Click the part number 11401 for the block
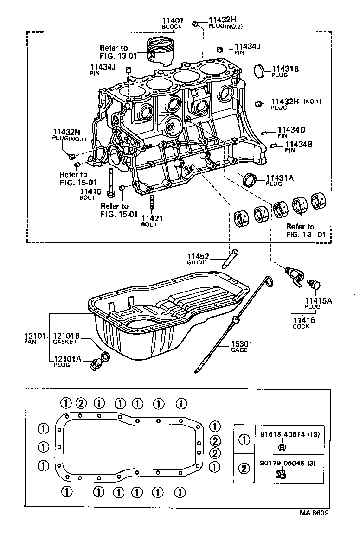(x=173, y=20)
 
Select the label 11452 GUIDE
(x=198, y=256)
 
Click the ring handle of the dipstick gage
(x=269, y=281)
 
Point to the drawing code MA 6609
(x=316, y=514)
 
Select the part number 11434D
(x=291, y=130)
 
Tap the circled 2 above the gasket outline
(x=80, y=402)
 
